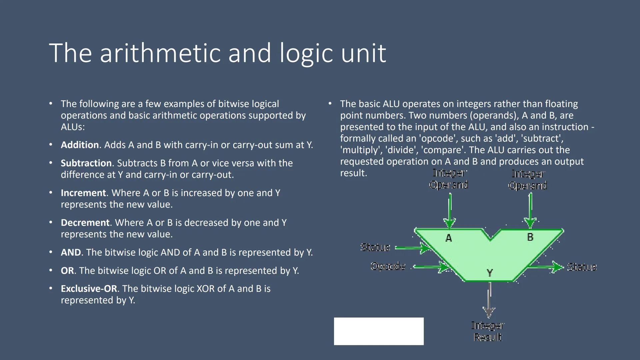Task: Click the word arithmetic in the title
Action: point(160,53)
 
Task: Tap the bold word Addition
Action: point(80,145)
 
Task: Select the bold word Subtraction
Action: point(86,163)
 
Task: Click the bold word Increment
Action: point(83,193)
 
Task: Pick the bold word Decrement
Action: point(85,223)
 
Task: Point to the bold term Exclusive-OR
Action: point(89,289)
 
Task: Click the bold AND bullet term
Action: point(71,252)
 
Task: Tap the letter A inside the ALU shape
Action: point(449,238)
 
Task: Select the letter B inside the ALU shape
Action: point(530,237)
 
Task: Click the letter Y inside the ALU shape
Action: point(489,273)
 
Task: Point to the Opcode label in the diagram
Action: point(388,266)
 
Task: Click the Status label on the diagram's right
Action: point(582,267)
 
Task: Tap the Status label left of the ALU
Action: point(375,247)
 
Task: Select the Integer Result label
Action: point(488,331)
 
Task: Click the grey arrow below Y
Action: point(489,300)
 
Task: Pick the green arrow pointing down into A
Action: point(450,210)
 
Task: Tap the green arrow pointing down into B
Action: point(530,210)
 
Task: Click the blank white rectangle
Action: point(379,331)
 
